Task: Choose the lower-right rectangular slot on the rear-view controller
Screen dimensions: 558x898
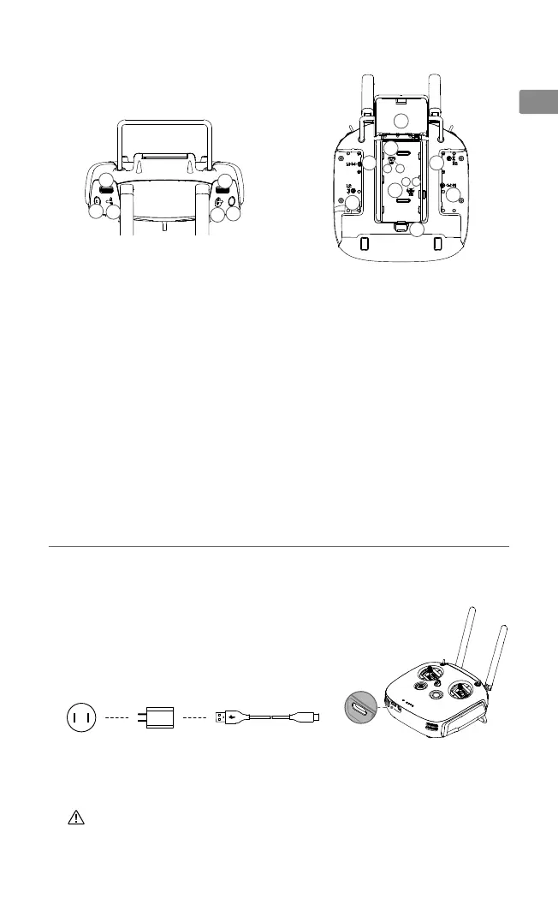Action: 437,244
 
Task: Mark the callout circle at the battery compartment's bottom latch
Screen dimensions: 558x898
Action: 415,229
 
